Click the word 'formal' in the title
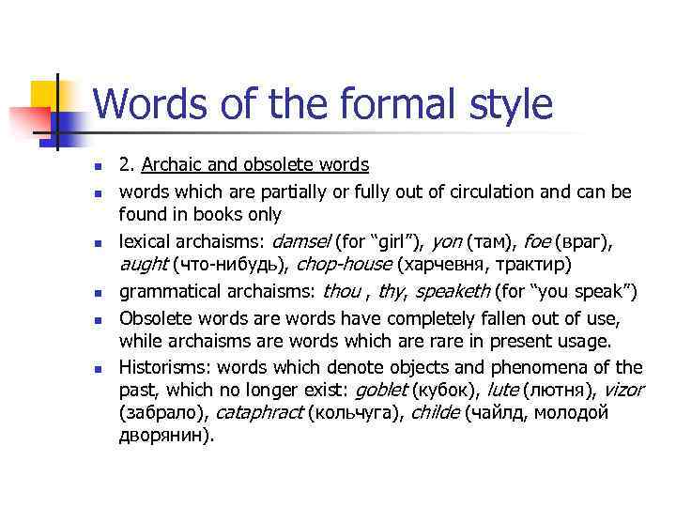coord(376,104)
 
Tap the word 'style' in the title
coord(503,104)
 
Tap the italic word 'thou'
coord(341,291)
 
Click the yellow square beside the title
coord(45,94)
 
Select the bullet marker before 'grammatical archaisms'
coord(97,293)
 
